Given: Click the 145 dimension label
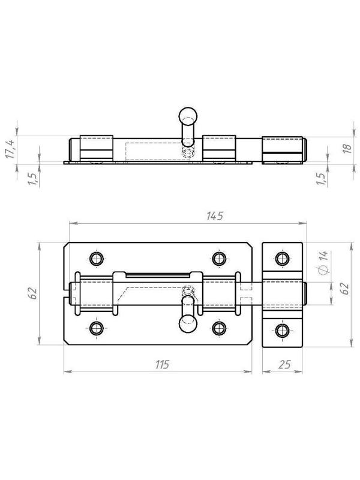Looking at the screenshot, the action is (x=215, y=216).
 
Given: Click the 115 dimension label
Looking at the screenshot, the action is (x=162, y=365).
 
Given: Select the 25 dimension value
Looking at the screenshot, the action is (x=284, y=365).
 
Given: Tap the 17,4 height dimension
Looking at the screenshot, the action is (x=10, y=149).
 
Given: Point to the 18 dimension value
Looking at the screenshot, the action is (x=347, y=148).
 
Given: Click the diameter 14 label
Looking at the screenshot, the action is (x=322, y=262).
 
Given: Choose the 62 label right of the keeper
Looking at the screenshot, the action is (x=344, y=288).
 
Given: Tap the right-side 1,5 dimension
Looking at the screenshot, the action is (x=320, y=178).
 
